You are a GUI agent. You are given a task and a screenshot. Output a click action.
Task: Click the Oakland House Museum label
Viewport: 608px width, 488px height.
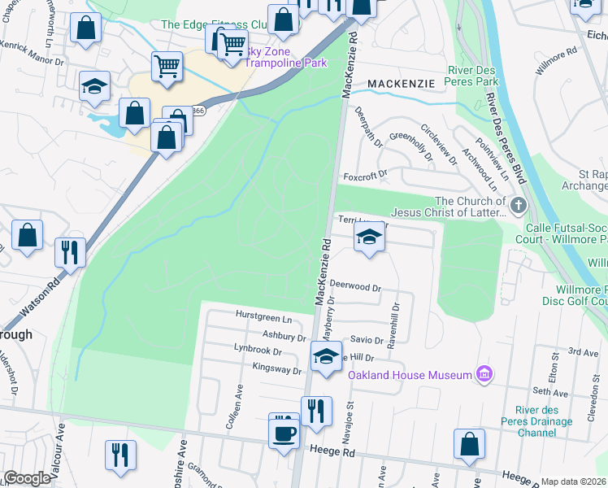(410, 375)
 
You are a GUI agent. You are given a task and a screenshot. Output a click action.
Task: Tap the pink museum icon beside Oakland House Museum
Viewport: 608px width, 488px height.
(484, 374)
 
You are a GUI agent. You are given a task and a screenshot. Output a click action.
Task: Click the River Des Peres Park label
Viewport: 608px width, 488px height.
(484, 76)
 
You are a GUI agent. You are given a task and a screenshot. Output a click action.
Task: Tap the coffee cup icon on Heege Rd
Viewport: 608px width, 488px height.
(284, 433)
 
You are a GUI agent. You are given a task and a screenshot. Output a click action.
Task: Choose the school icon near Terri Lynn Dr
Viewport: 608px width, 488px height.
(369, 237)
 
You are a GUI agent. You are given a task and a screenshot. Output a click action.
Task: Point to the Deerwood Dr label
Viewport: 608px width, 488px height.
(356, 287)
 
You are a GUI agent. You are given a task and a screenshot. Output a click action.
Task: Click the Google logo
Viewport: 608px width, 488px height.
(27, 478)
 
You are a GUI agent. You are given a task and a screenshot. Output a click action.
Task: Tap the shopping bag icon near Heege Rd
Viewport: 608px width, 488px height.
(470, 444)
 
